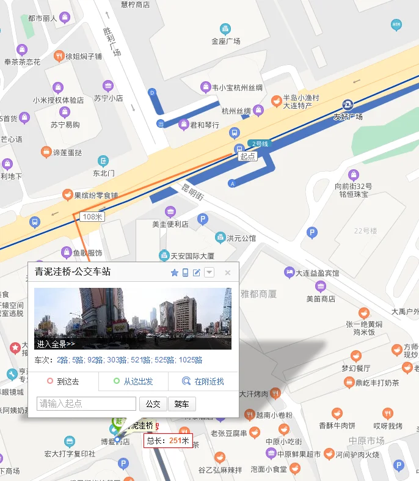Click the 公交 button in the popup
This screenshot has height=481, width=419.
(153, 404)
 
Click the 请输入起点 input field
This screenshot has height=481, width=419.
(86, 404)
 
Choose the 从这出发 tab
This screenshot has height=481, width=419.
(133, 382)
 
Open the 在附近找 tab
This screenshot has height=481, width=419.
(203, 382)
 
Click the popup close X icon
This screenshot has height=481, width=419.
(228, 273)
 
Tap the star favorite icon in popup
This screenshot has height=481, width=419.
(175, 273)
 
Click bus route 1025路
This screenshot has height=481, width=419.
(191, 361)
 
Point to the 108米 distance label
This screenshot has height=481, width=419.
(93, 217)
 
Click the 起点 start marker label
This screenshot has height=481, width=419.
(248, 156)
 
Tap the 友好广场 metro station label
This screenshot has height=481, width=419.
(348, 116)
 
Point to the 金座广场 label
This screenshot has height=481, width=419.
(226, 42)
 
